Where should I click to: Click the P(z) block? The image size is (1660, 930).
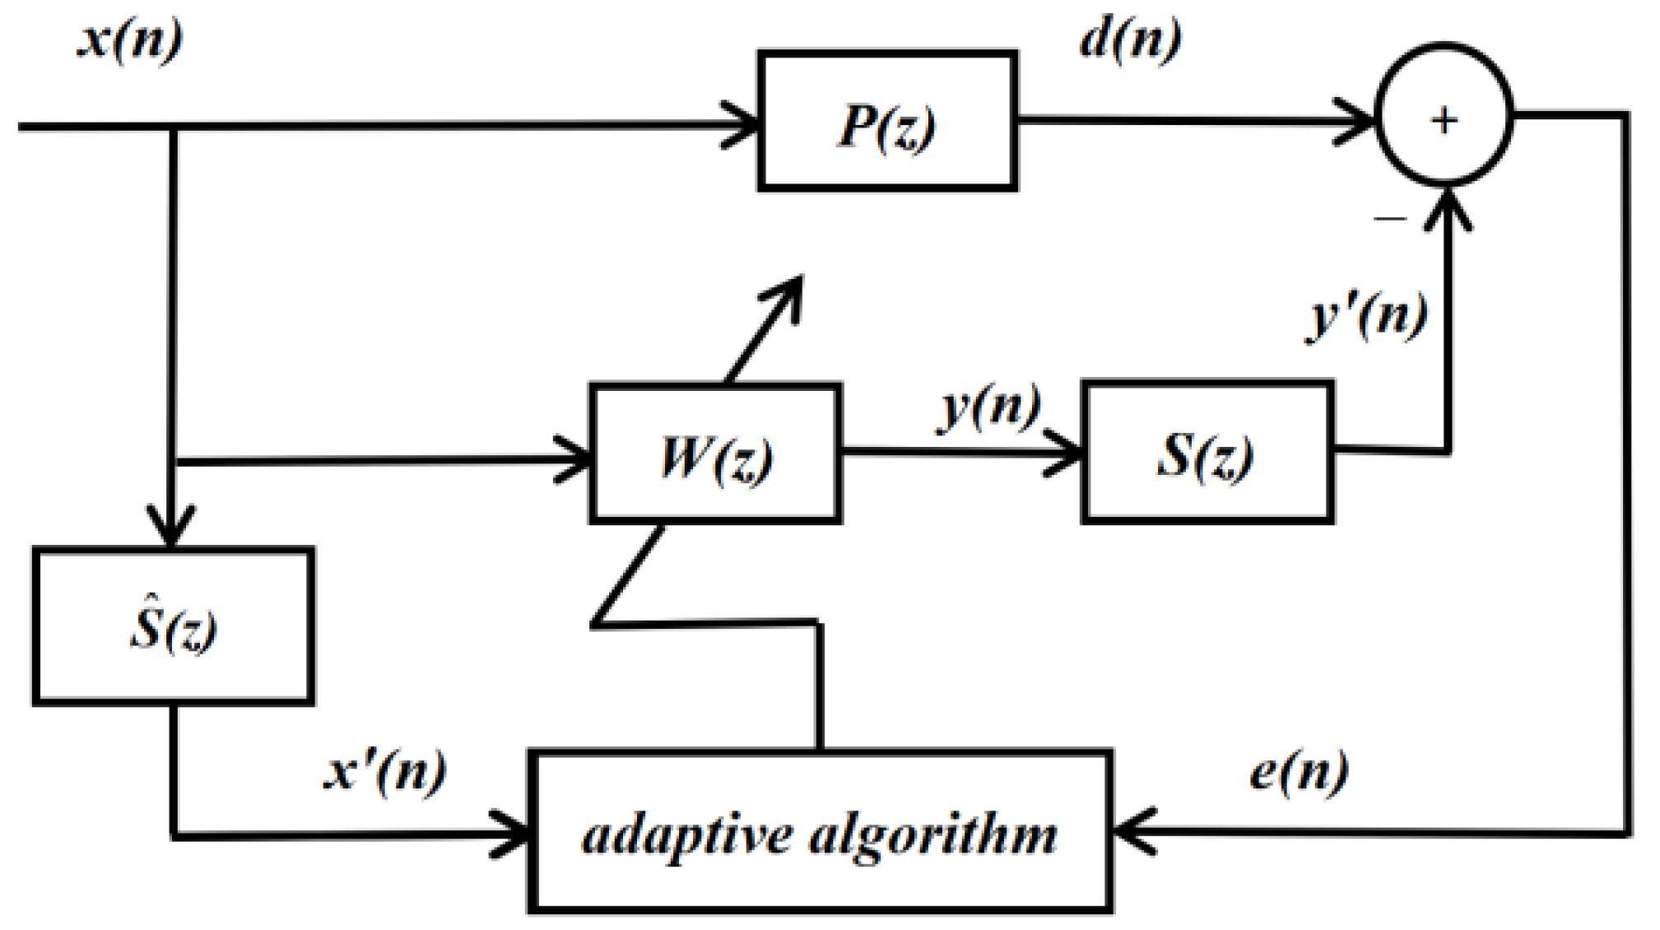pos(886,121)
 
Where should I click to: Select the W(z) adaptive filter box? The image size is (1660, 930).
pos(715,453)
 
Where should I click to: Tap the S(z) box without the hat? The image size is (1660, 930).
pos(1207,453)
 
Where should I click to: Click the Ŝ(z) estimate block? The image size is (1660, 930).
pos(173,626)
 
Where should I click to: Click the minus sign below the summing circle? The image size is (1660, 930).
pos(1390,219)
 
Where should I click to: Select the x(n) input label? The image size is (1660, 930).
pos(130,38)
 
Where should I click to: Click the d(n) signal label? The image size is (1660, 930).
pos(1130,38)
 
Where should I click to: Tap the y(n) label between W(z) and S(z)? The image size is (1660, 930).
pos(988,406)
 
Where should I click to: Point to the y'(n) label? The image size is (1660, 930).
pos(1367,315)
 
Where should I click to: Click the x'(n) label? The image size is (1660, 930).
pos(384,771)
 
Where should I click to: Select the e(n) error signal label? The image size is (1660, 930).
pos(1298,771)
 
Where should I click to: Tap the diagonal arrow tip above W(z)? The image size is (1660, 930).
pos(792,286)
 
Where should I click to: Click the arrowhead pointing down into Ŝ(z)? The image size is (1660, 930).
pos(170,531)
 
